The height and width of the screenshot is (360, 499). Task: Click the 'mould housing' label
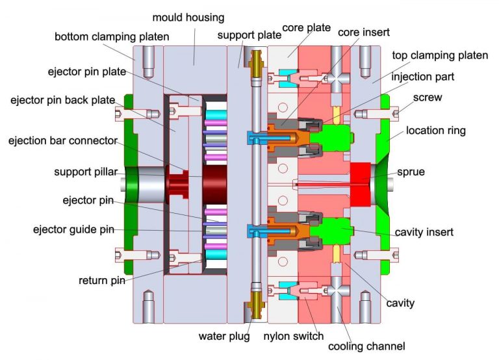[188, 18]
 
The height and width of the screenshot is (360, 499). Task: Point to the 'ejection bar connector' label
[62, 140]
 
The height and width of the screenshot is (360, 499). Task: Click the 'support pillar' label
[87, 172]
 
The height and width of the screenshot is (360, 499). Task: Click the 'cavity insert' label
[424, 232]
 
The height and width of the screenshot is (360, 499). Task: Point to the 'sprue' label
[412, 172]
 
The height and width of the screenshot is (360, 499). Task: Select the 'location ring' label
[436, 131]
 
